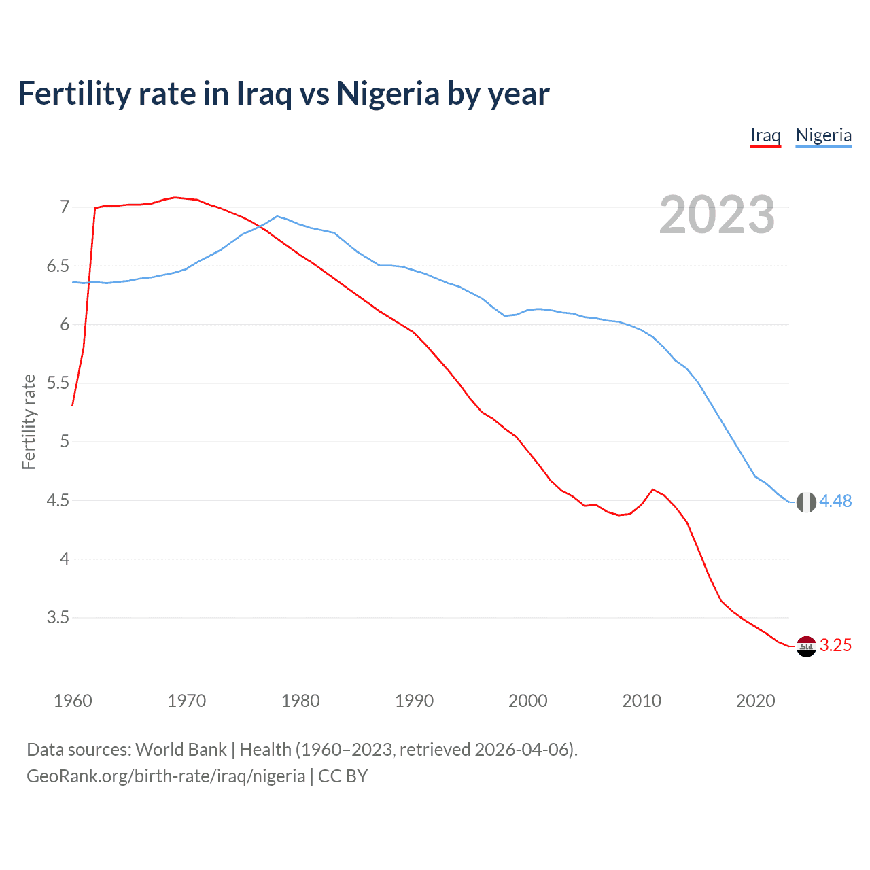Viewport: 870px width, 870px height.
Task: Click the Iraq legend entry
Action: coord(765,135)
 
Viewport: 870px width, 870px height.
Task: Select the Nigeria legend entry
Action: coord(823,135)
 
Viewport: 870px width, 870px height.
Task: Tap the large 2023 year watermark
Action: coord(717,215)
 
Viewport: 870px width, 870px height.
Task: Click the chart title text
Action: coord(283,93)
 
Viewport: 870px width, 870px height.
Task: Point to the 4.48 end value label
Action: coord(835,502)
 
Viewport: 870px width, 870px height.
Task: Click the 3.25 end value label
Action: coord(835,646)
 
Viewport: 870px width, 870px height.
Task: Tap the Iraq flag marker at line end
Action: coord(806,646)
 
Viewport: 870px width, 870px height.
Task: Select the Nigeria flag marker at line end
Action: coord(806,502)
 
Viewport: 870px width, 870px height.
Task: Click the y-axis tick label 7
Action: coord(65,207)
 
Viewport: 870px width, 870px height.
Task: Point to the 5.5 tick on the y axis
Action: coord(58,383)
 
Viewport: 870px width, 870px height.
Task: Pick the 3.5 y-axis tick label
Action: coord(58,618)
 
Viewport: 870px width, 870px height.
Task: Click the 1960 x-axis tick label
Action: coord(73,701)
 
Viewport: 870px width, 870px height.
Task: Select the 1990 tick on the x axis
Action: coord(414,701)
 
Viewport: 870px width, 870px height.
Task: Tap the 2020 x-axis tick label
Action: coord(755,701)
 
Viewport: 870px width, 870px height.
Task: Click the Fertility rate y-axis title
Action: coord(29,421)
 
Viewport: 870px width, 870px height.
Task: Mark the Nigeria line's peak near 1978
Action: coord(277,216)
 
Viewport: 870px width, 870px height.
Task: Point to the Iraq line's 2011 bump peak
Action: coord(652,489)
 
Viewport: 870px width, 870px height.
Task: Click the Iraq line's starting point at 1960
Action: coord(73,406)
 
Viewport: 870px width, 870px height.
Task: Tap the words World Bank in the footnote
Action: coord(181,750)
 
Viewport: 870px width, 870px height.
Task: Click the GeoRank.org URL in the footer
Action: coord(166,776)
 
